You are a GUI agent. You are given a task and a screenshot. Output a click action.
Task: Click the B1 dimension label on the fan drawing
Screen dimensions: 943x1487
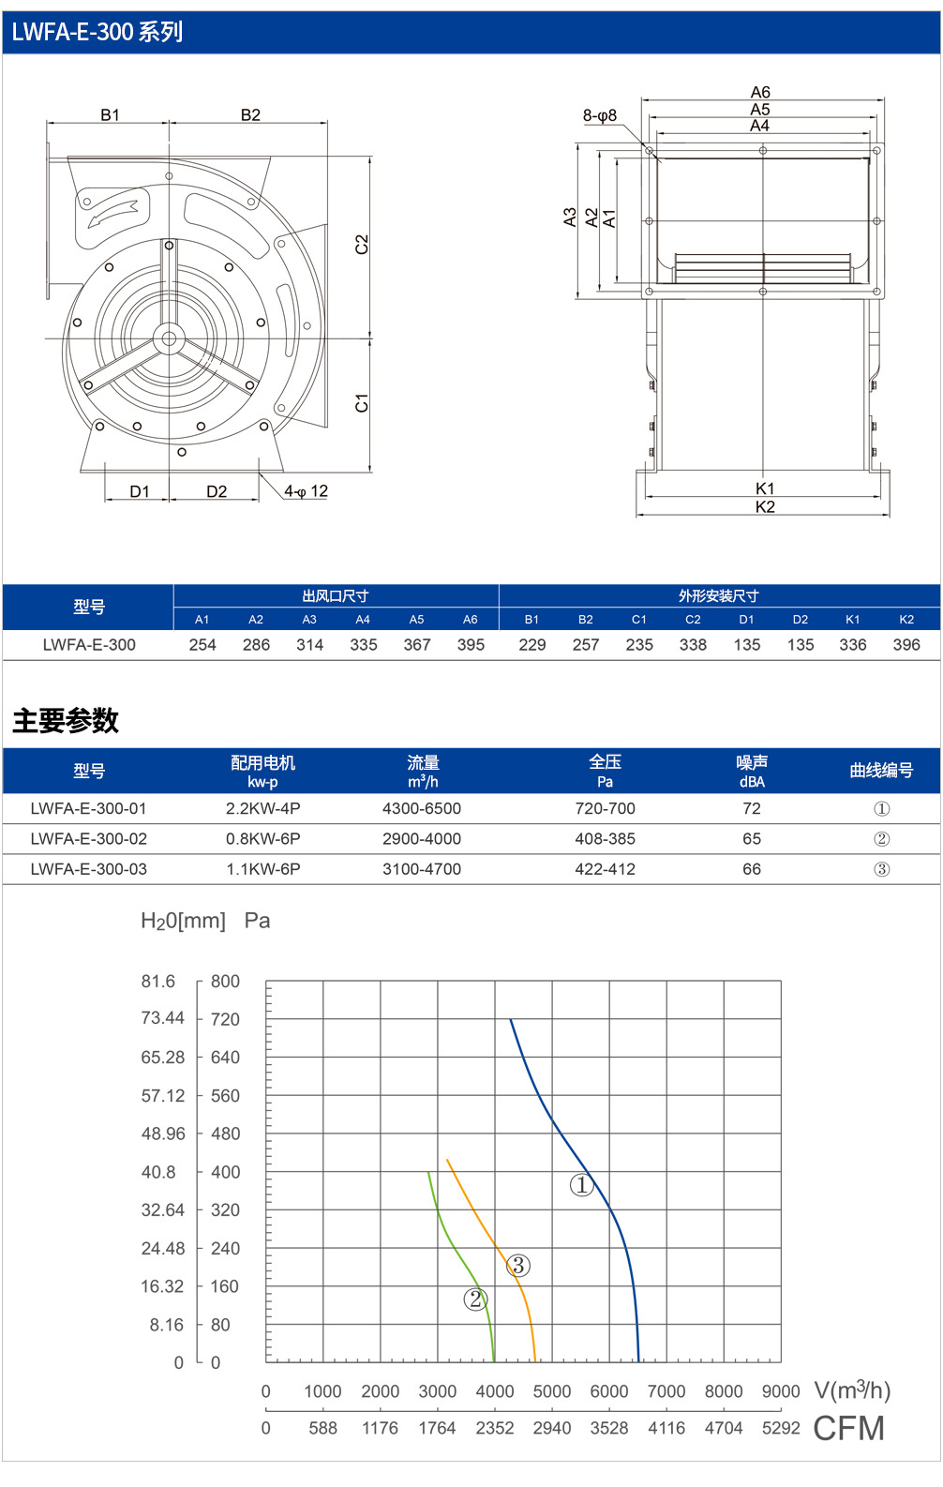tap(111, 114)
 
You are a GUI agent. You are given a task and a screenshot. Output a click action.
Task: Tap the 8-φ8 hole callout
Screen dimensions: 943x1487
tap(600, 115)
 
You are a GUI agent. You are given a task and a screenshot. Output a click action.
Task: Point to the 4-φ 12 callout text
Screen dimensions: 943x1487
tap(306, 491)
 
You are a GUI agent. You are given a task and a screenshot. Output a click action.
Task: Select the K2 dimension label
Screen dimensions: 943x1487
tap(765, 507)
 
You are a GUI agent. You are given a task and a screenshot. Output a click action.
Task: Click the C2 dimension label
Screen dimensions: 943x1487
tap(362, 245)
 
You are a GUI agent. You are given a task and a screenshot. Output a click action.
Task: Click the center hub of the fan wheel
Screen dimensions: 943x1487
tap(170, 339)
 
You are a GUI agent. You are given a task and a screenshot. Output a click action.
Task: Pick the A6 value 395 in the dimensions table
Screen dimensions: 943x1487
tap(471, 645)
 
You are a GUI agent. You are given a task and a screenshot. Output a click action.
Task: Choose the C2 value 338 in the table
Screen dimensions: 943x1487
tap(693, 645)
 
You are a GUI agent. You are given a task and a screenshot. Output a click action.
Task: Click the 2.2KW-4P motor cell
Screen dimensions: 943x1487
tap(262, 808)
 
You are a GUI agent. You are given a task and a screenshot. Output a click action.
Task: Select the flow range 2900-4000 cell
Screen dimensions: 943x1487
tap(422, 839)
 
